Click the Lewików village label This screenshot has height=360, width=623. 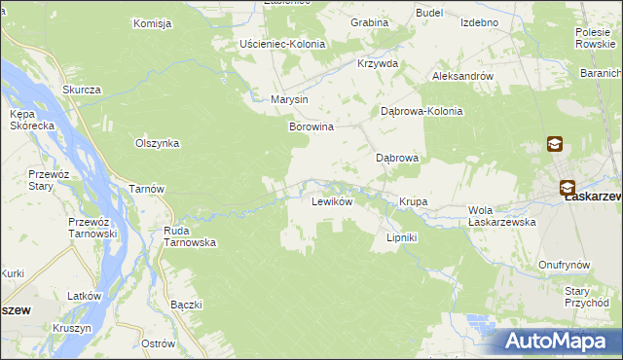tap(331, 202)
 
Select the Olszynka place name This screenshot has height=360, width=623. tap(157, 142)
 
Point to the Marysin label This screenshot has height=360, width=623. tap(289, 99)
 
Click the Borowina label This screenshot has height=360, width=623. tap(311, 126)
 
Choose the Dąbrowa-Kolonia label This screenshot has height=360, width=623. tap(421, 111)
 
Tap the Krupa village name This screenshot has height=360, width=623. tap(413, 202)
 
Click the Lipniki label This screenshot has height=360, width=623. tap(402, 236)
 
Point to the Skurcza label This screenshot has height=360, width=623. tap(82, 90)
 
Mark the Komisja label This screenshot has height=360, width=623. tap(153, 22)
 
